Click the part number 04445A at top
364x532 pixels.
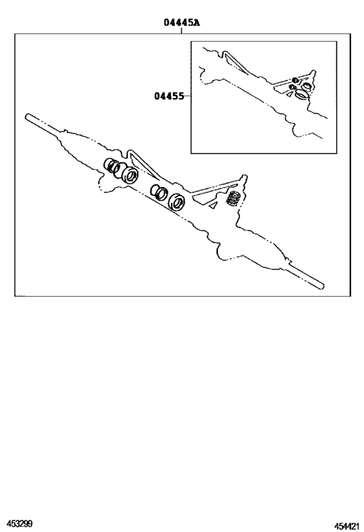(x=181, y=23)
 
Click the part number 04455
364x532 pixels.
(x=168, y=97)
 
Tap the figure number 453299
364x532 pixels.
(x=20, y=523)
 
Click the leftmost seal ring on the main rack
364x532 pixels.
(x=112, y=166)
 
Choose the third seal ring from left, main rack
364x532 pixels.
(x=158, y=192)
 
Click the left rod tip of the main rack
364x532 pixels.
(x=29, y=118)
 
